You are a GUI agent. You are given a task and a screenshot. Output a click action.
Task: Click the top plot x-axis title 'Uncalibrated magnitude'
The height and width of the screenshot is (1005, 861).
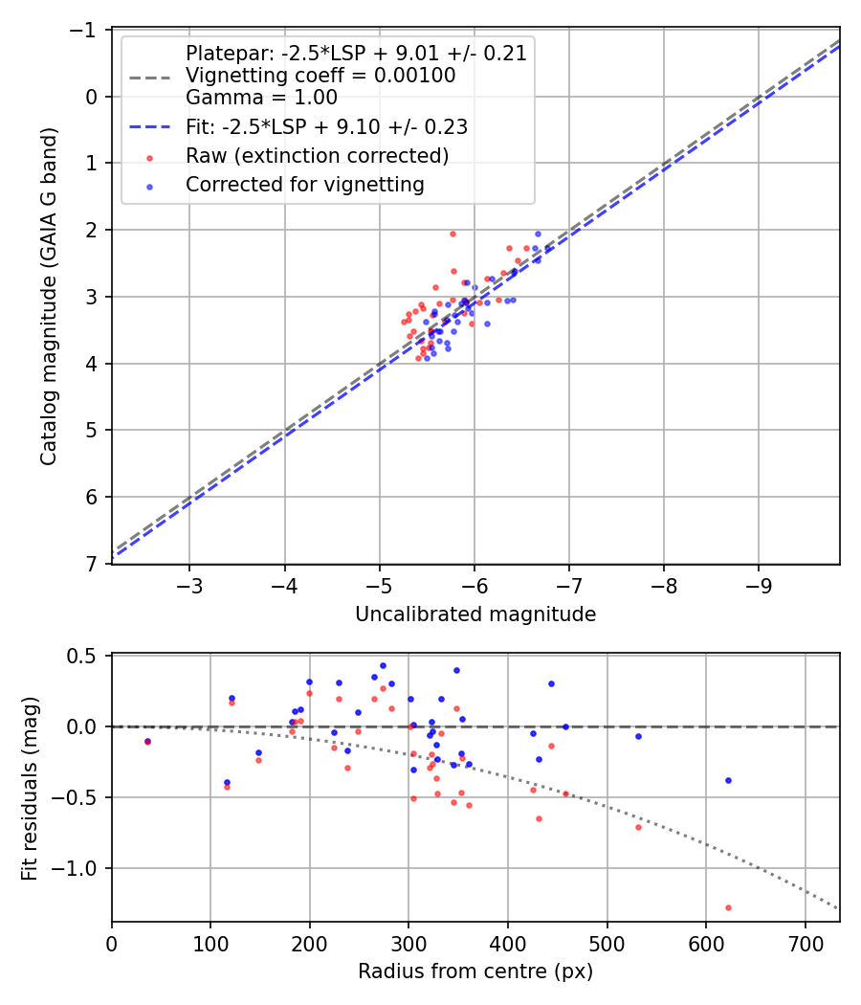tap(475, 614)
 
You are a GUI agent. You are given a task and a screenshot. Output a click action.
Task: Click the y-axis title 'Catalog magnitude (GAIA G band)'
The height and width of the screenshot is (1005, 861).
tap(49, 297)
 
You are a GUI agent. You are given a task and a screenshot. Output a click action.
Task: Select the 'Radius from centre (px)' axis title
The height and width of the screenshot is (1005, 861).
tap(475, 971)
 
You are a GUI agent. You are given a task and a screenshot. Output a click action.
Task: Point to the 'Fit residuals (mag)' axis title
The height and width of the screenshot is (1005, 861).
tap(30, 788)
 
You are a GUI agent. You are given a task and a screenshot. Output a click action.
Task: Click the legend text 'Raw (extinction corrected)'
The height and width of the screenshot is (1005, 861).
tap(318, 155)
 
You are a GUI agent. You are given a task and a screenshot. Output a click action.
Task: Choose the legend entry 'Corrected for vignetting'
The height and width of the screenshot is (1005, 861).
tap(305, 185)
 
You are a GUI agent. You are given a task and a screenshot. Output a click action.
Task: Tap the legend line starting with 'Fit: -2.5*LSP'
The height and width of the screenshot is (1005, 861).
tap(326, 126)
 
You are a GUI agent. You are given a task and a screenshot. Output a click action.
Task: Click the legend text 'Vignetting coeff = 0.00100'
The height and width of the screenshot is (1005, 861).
tap(320, 75)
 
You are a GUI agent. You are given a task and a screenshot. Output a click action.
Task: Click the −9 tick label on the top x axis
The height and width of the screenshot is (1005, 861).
tap(760, 584)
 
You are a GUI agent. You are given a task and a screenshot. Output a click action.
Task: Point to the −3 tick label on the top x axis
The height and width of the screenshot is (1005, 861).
tap(189, 584)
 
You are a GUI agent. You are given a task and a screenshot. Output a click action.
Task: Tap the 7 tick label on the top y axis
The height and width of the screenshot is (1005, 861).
tap(92, 564)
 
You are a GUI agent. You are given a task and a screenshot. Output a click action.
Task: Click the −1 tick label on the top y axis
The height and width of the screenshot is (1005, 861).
tap(85, 31)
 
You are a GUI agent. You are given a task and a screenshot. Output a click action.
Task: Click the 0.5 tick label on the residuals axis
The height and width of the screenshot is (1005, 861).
tap(84, 656)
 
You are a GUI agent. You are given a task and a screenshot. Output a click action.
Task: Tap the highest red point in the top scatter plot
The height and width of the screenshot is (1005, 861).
tap(453, 234)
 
